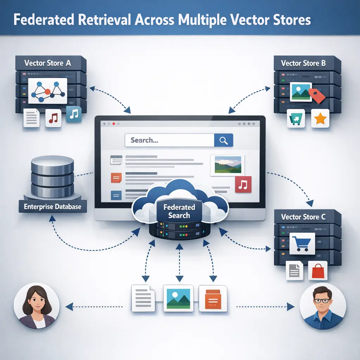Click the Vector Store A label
click(47, 63)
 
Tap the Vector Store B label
click(303, 63)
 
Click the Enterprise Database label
click(52, 206)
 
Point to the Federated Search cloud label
click(179, 211)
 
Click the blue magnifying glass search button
click(223, 140)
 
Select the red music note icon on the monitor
click(242, 185)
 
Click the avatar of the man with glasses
click(323, 306)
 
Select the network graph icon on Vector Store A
click(47, 91)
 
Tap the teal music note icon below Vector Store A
click(73, 115)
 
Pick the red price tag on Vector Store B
click(317, 95)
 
